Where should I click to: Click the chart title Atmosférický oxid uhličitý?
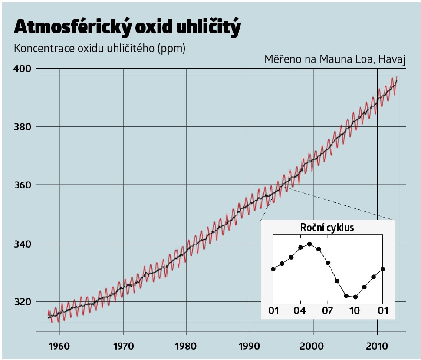point(127,27)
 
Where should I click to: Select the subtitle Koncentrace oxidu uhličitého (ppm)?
point(100,48)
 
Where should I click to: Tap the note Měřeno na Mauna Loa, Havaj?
point(335,59)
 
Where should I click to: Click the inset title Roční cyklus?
point(327,228)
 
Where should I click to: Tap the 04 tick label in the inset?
point(300,311)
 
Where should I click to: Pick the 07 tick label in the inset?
point(328,311)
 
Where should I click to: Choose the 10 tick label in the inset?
point(355,311)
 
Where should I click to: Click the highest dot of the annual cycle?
point(309,244)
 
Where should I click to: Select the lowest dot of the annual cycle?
point(355,297)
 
